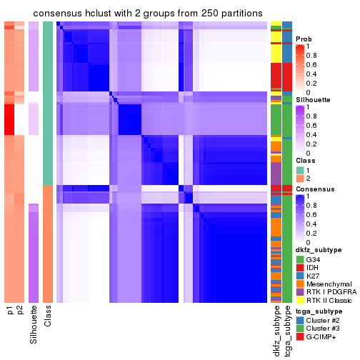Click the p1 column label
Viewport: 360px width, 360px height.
[x=10, y=311]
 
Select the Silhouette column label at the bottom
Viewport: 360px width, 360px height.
[x=34, y=325]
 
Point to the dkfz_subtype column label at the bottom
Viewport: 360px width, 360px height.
[x=276, y=331]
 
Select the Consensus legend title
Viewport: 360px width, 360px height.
[x=315, y=189]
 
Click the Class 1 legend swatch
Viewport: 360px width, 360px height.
[x=300, y=169]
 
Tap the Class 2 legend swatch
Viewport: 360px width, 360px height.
[x=300, y=179]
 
